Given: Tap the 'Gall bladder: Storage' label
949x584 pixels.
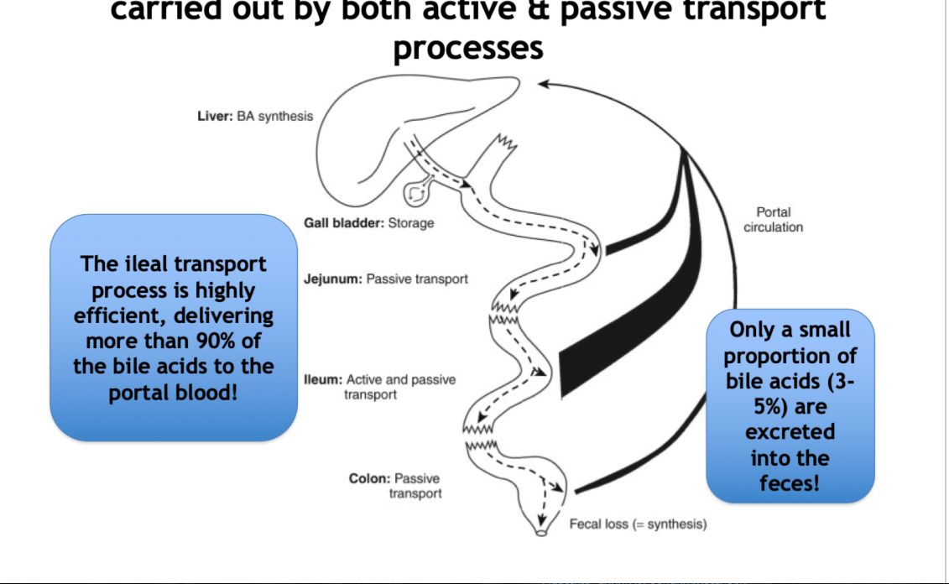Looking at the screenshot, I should click(368, 224).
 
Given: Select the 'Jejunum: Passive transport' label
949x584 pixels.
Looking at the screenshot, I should click(385, 279).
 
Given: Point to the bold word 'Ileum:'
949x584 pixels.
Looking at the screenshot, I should click(323, 380).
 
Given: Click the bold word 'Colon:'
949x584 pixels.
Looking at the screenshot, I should click(369, 479).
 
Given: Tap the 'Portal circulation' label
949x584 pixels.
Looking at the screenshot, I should click(773, 220).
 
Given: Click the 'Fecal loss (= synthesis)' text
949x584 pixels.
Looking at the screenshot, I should click(638, 524).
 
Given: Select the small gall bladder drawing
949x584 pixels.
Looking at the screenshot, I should click(417, 194).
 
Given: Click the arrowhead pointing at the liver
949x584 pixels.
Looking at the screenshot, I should click(544, 83).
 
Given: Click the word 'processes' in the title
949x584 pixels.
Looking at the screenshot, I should click(467, 48).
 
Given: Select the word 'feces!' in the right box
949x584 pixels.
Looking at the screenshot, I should click(789, 483).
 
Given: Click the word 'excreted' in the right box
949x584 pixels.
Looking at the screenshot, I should click(790, 432).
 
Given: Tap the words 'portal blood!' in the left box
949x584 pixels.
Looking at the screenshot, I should click(173, 393).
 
